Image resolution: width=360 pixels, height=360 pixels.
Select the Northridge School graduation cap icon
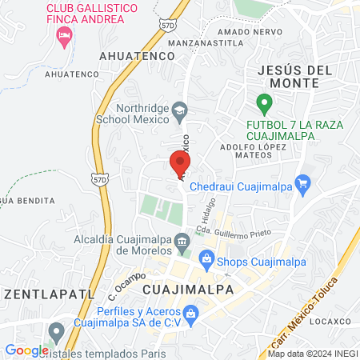182,111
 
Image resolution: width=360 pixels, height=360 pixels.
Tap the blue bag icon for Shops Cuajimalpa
206,258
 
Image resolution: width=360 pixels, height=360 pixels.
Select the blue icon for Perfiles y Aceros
190,314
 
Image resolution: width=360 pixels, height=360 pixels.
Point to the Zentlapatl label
31,294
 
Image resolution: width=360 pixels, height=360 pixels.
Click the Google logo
26,350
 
